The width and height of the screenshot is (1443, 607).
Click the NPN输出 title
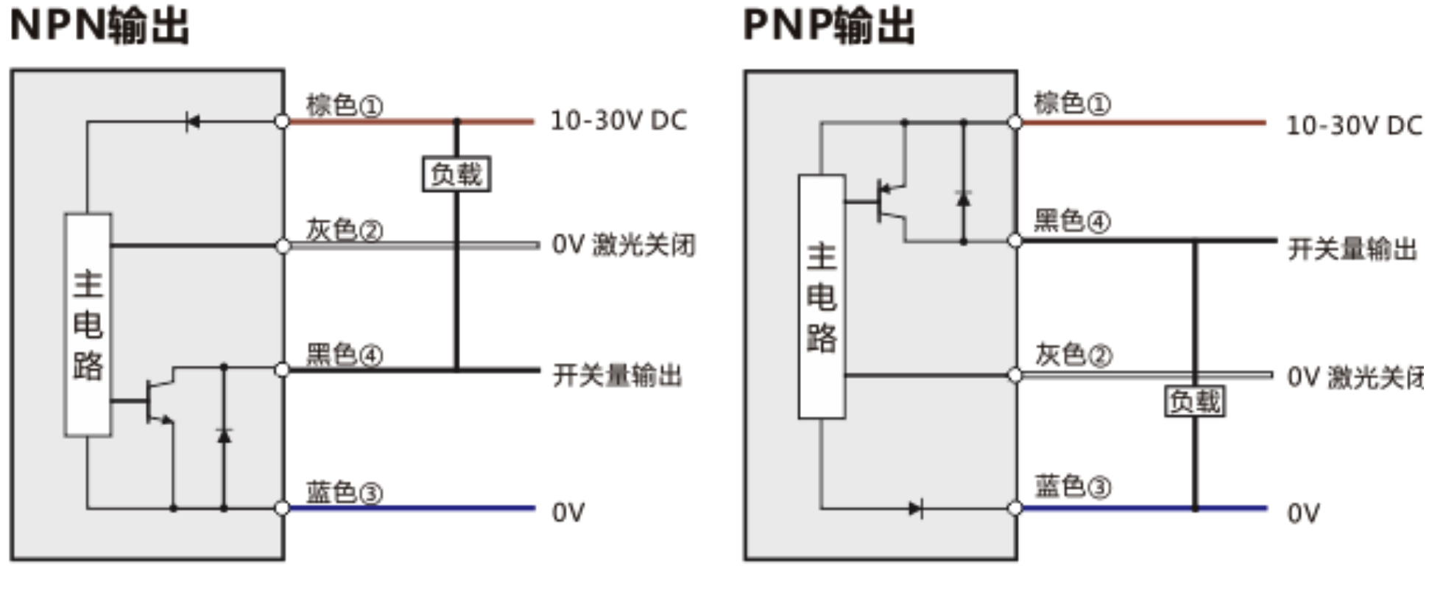(99, 25)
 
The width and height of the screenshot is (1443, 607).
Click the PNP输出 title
(828, 25)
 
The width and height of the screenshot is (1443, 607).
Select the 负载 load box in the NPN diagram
(456, 175)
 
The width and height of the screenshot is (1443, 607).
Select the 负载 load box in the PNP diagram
(1194, 401)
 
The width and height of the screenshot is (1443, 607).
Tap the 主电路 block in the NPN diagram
(88, 325)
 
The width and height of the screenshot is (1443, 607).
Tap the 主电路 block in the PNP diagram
(822, 297)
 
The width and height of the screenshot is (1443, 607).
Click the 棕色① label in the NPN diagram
(345, 105)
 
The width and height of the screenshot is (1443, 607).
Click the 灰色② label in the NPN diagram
(345, 230)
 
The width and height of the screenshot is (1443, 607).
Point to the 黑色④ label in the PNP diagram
(1071, 220)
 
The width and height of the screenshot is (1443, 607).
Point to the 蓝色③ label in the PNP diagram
(1072, 486)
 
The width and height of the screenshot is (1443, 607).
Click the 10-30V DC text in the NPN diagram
(618, 121)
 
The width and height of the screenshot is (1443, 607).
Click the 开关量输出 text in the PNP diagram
(1352, 249)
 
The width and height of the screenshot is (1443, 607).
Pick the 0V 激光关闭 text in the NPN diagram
(623, 245)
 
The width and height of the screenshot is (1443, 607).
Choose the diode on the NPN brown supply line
(192, 122)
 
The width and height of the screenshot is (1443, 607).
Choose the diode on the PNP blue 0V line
(915, 508)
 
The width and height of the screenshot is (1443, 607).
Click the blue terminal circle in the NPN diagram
(282, 508)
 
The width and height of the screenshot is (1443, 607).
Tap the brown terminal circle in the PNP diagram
(1015, 122)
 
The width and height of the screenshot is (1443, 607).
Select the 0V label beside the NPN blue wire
(568, 512)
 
